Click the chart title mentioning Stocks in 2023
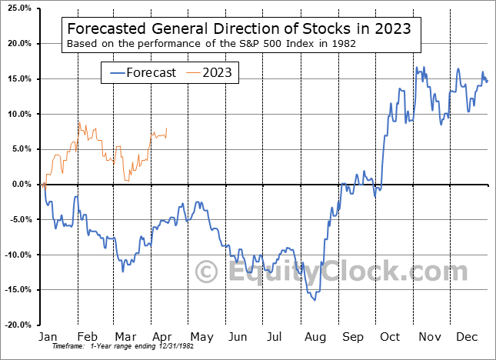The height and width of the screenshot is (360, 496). [238, 28]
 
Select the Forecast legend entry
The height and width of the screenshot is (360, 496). [141, 73]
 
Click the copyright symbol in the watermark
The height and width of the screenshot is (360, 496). [206, 272]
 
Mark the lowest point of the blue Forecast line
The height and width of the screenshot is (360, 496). [314, 300]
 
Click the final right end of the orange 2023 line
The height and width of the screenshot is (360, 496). [167, 128]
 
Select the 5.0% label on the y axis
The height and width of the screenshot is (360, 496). [20, 149]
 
